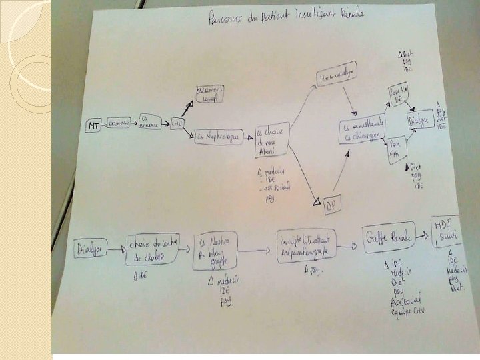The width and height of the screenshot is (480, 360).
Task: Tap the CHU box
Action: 177,124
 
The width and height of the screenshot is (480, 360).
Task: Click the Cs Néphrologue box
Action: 217,137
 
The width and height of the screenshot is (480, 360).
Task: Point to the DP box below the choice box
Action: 331,207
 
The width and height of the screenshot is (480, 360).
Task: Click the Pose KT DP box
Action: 398,95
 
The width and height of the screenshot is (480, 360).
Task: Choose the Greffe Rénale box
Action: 387,236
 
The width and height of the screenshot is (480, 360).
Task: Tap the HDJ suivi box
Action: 447,229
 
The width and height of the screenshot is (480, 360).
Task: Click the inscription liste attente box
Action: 306,243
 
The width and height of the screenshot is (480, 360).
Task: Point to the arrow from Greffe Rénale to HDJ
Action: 424,235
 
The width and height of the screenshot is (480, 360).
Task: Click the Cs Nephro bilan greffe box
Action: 215,251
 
